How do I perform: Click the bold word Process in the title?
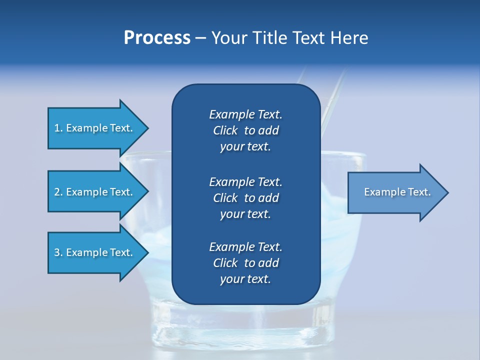(157, 38)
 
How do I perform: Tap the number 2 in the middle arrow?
(57, 192)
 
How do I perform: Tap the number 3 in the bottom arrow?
(57, 252)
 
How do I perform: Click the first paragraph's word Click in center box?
(225, 130)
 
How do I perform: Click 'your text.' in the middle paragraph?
(245, 214)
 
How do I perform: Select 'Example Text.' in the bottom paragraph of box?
(245, 247)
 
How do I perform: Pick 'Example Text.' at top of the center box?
(245, 114)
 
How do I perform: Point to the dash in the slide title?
(200, 38)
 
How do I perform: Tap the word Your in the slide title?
(228, 38)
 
